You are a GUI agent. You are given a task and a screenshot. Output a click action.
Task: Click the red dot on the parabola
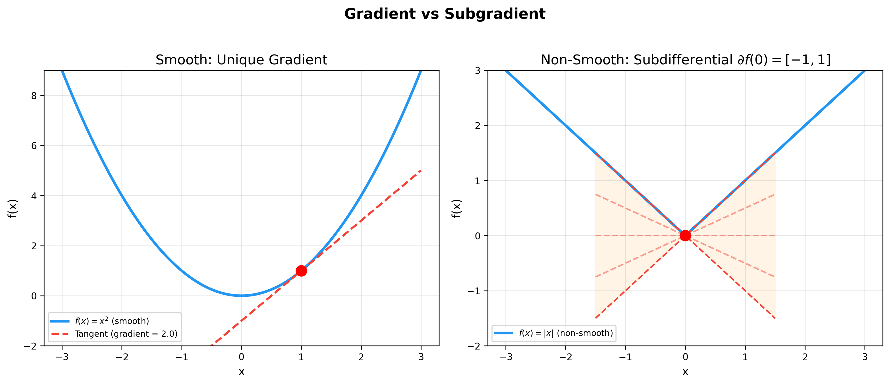pos(301,270)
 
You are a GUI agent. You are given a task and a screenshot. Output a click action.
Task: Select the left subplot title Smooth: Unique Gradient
pos(241,60)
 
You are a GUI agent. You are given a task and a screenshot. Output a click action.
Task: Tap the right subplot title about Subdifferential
pos(685,60)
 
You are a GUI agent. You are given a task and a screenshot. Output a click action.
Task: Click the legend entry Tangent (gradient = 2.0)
pos(126,334)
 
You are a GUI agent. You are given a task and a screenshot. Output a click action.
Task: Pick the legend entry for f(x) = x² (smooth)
pos(112,321)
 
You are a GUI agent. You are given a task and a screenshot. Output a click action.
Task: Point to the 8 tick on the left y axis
pos(34,96)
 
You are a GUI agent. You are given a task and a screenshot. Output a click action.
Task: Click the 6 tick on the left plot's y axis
pos(34,146)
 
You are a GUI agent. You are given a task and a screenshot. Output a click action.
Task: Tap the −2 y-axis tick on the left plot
pos(30,346)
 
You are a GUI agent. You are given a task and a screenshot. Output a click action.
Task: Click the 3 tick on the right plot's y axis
pos(477,70)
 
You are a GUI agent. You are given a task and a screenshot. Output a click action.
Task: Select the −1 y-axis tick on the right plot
pos(474,291)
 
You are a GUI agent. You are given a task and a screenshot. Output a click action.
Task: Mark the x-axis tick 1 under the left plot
pos(301,357)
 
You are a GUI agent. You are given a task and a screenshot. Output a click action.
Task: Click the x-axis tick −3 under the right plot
pos(505,357)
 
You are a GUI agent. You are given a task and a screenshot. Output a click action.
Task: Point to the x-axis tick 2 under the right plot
pos(805,357)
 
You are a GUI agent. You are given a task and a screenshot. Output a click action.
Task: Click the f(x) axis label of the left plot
pos(12,208)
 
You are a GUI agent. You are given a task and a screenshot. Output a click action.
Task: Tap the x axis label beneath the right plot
pos(685,372)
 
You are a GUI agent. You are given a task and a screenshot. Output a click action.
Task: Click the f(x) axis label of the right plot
pos(456,208)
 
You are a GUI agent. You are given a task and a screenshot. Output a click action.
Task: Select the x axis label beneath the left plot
pos(241,372)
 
